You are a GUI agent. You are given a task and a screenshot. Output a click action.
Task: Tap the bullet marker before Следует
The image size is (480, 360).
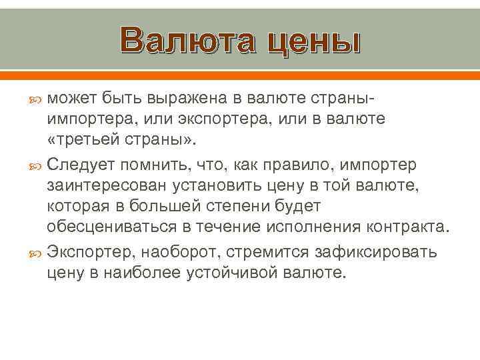click(x=36, y=163)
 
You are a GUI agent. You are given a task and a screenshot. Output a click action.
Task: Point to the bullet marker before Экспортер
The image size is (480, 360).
click(x=36, y=251)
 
